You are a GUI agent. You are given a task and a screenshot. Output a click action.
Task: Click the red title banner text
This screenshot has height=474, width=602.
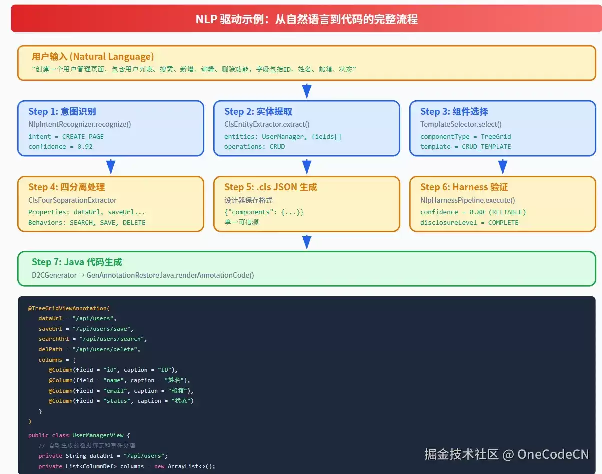click(307, 19)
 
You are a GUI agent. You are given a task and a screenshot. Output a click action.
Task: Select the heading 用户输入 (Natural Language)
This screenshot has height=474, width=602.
click(93, 57)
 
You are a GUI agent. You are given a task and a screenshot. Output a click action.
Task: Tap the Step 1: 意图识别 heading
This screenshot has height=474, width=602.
click(62, 111)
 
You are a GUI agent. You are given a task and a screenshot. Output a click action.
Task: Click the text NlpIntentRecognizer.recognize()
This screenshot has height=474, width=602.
click(80, 124)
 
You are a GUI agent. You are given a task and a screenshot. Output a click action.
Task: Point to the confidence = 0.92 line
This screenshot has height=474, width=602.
click(60, 147)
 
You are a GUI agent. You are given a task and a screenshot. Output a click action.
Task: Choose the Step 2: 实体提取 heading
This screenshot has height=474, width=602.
click(258, 111)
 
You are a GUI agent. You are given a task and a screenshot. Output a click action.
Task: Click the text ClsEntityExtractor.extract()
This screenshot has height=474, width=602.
click(267, 124)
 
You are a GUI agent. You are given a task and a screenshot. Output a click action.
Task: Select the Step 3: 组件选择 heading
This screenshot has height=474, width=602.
click(454, 111)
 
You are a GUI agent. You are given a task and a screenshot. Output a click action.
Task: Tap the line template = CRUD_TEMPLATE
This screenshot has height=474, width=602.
click(466, 147)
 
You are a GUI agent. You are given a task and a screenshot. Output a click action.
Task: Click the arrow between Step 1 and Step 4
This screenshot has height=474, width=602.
click(111, 167)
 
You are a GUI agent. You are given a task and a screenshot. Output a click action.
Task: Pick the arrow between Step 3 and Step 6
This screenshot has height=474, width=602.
click(503, 167)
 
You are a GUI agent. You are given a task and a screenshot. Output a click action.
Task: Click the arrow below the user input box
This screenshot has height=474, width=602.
click(307, 91)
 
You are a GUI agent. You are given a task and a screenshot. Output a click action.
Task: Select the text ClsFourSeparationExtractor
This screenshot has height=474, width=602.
click(72, 200)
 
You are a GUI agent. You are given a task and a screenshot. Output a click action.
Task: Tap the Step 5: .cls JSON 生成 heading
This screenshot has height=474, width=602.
click(270, 187)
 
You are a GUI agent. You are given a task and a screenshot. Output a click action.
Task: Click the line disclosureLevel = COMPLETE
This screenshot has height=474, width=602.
click(469, 222)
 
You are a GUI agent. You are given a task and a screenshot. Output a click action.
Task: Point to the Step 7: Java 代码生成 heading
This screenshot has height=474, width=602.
click(77, 262)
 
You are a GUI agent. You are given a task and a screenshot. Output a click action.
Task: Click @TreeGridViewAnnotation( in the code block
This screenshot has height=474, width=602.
click(69, 308)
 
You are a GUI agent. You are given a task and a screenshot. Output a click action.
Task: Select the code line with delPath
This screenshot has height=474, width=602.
click(89, 349)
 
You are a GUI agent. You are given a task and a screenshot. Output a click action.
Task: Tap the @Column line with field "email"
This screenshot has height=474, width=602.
click(121, 391)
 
